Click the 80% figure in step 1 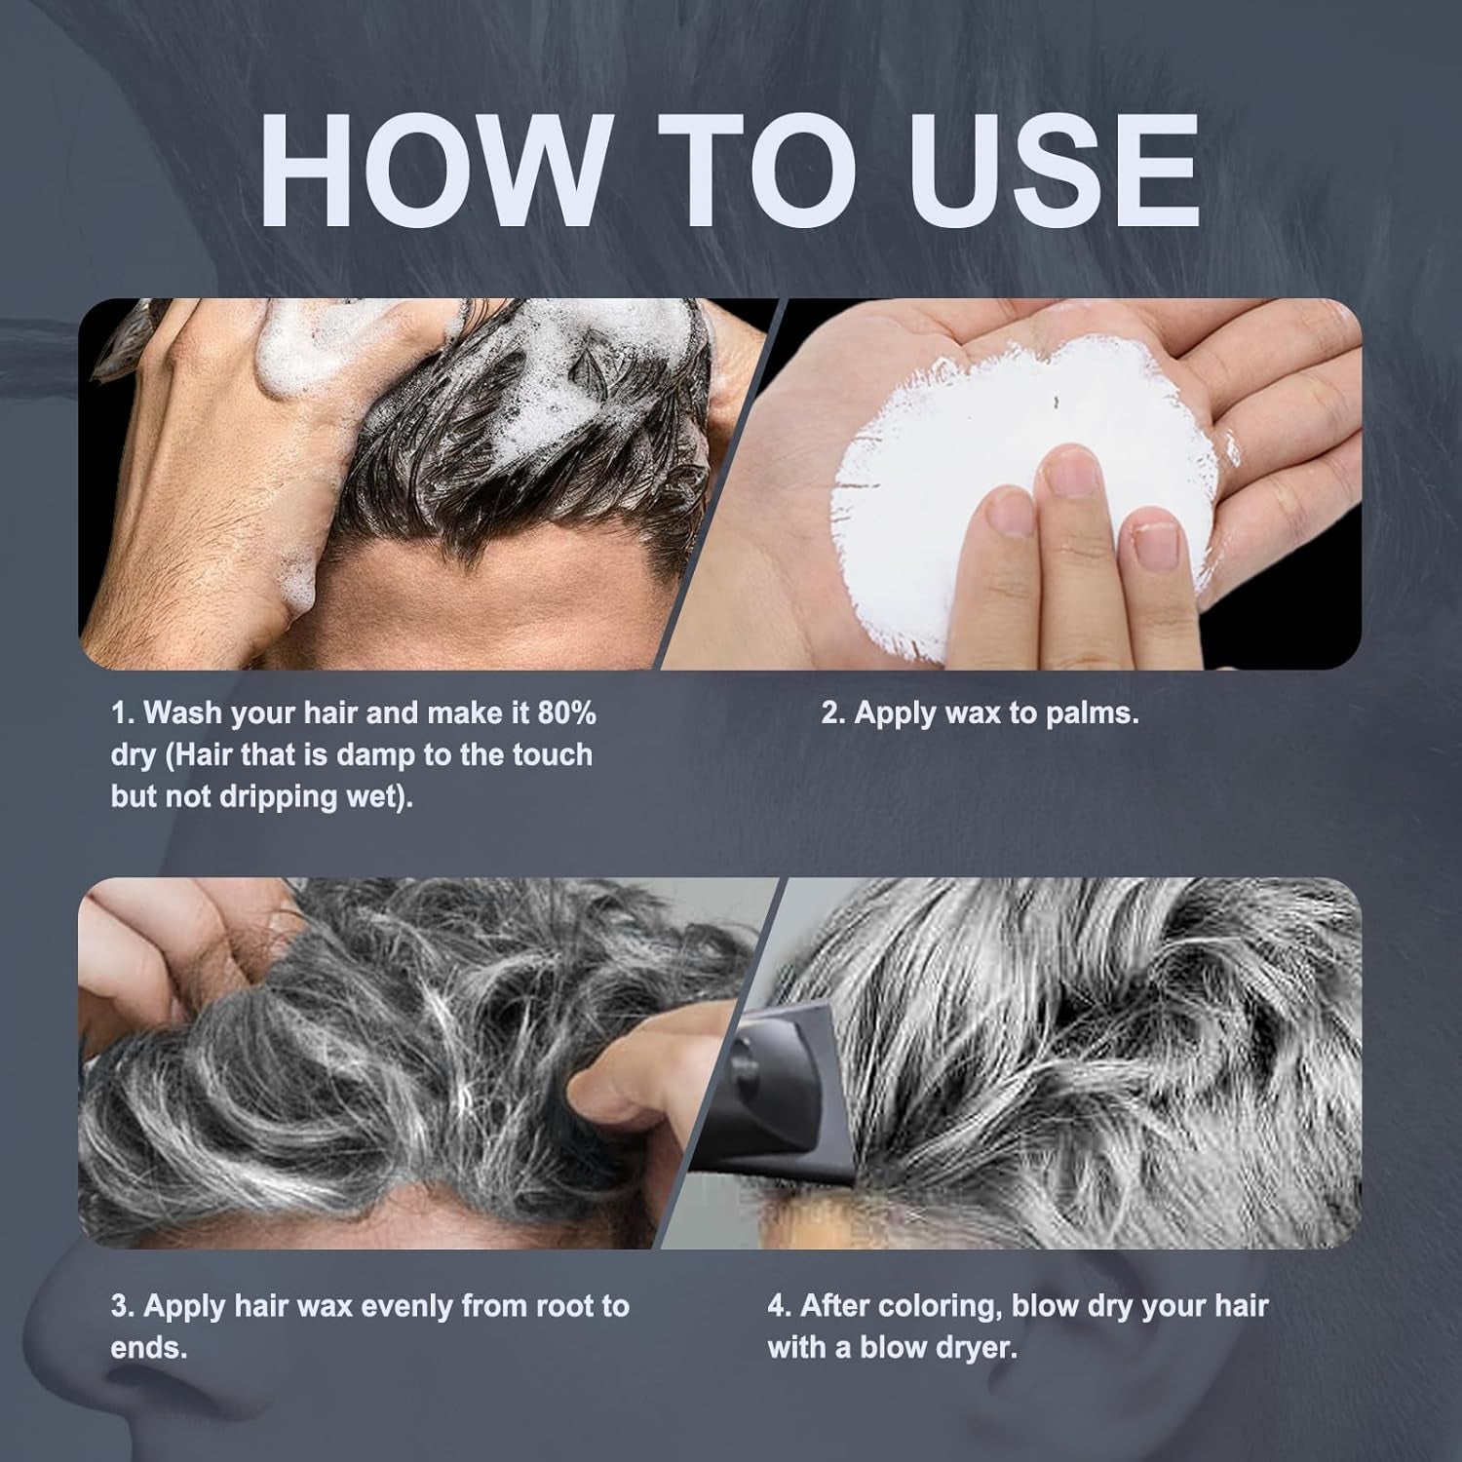[566, 712]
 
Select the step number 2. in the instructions [832, 713]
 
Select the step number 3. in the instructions [123, 1306]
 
